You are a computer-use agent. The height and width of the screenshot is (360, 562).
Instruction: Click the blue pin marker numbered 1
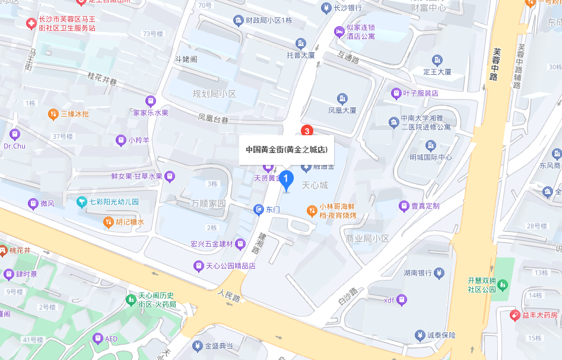pos(287,179)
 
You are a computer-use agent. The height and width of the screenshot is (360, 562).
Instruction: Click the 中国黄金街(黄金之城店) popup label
pos(287,149)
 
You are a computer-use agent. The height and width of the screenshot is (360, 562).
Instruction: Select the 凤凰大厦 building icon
pos(342,98)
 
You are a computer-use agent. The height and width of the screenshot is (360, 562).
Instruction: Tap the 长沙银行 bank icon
pos(326,8)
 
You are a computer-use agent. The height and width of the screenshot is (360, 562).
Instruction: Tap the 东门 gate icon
pos(258,209)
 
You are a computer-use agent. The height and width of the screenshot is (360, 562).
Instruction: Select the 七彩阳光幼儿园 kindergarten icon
pos(82,202)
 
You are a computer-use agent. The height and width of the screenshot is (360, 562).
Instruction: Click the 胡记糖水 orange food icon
pos(108,222)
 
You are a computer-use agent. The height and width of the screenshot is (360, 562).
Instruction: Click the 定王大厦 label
pos(437,72)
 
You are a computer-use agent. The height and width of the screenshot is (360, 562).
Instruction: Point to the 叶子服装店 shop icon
pos(396,93)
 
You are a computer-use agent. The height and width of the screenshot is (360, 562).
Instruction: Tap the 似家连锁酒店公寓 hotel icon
pos(339,31)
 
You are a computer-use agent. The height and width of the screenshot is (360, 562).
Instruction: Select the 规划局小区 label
pos(214,94)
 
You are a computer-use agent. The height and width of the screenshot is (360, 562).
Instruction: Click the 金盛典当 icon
pos(197,346)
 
